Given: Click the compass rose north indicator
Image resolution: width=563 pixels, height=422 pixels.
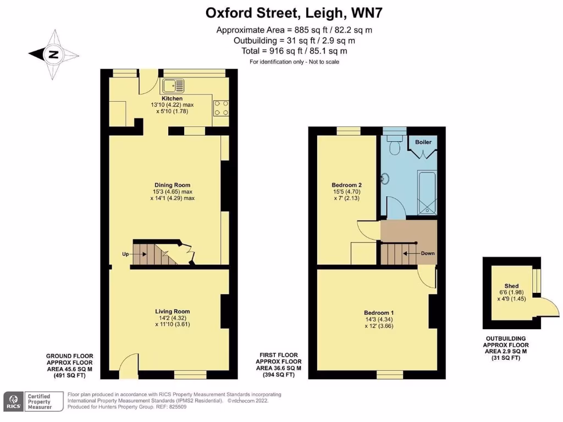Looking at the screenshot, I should [x=53, y=54].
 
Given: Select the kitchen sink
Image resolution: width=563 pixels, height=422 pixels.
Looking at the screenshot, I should [x=174, y=85].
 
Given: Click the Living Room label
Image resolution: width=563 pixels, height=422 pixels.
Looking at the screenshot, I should [x=172, y=312].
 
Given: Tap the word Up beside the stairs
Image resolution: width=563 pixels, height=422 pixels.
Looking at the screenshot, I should [x=126, y=254].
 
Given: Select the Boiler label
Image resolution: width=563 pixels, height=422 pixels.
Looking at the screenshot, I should [x=423, y=142].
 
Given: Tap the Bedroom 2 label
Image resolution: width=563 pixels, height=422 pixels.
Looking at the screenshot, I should [x=346, y=185].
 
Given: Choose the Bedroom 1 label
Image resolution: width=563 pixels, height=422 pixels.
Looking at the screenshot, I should [x=378, y=313].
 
